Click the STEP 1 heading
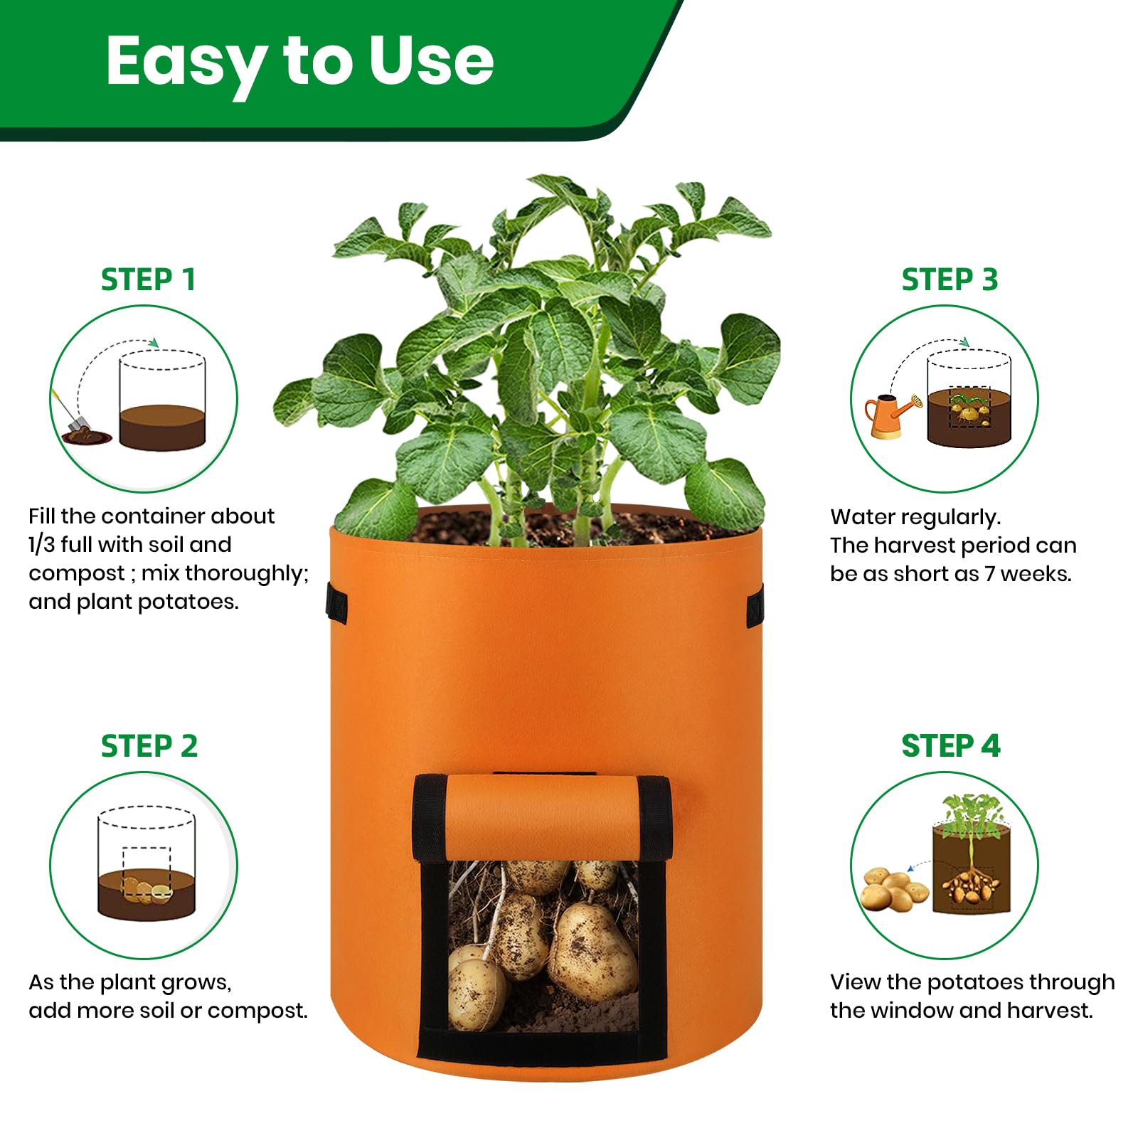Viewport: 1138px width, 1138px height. tap(148, 280)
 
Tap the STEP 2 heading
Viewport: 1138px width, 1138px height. tap(149, 746)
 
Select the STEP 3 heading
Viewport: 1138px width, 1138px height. tap(950, 280)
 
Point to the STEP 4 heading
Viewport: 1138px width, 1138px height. tap(950, 746)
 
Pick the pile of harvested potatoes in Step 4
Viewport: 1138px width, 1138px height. tap(893, 889)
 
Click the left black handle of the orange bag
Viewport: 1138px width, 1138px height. tap(336, 604)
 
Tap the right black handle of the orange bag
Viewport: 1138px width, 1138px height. tap(755, 605)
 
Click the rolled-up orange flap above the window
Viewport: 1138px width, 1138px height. tap(542, 817)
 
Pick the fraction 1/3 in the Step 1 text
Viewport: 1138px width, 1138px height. tap(42, 545)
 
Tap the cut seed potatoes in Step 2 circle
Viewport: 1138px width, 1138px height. tap(147, 891)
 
